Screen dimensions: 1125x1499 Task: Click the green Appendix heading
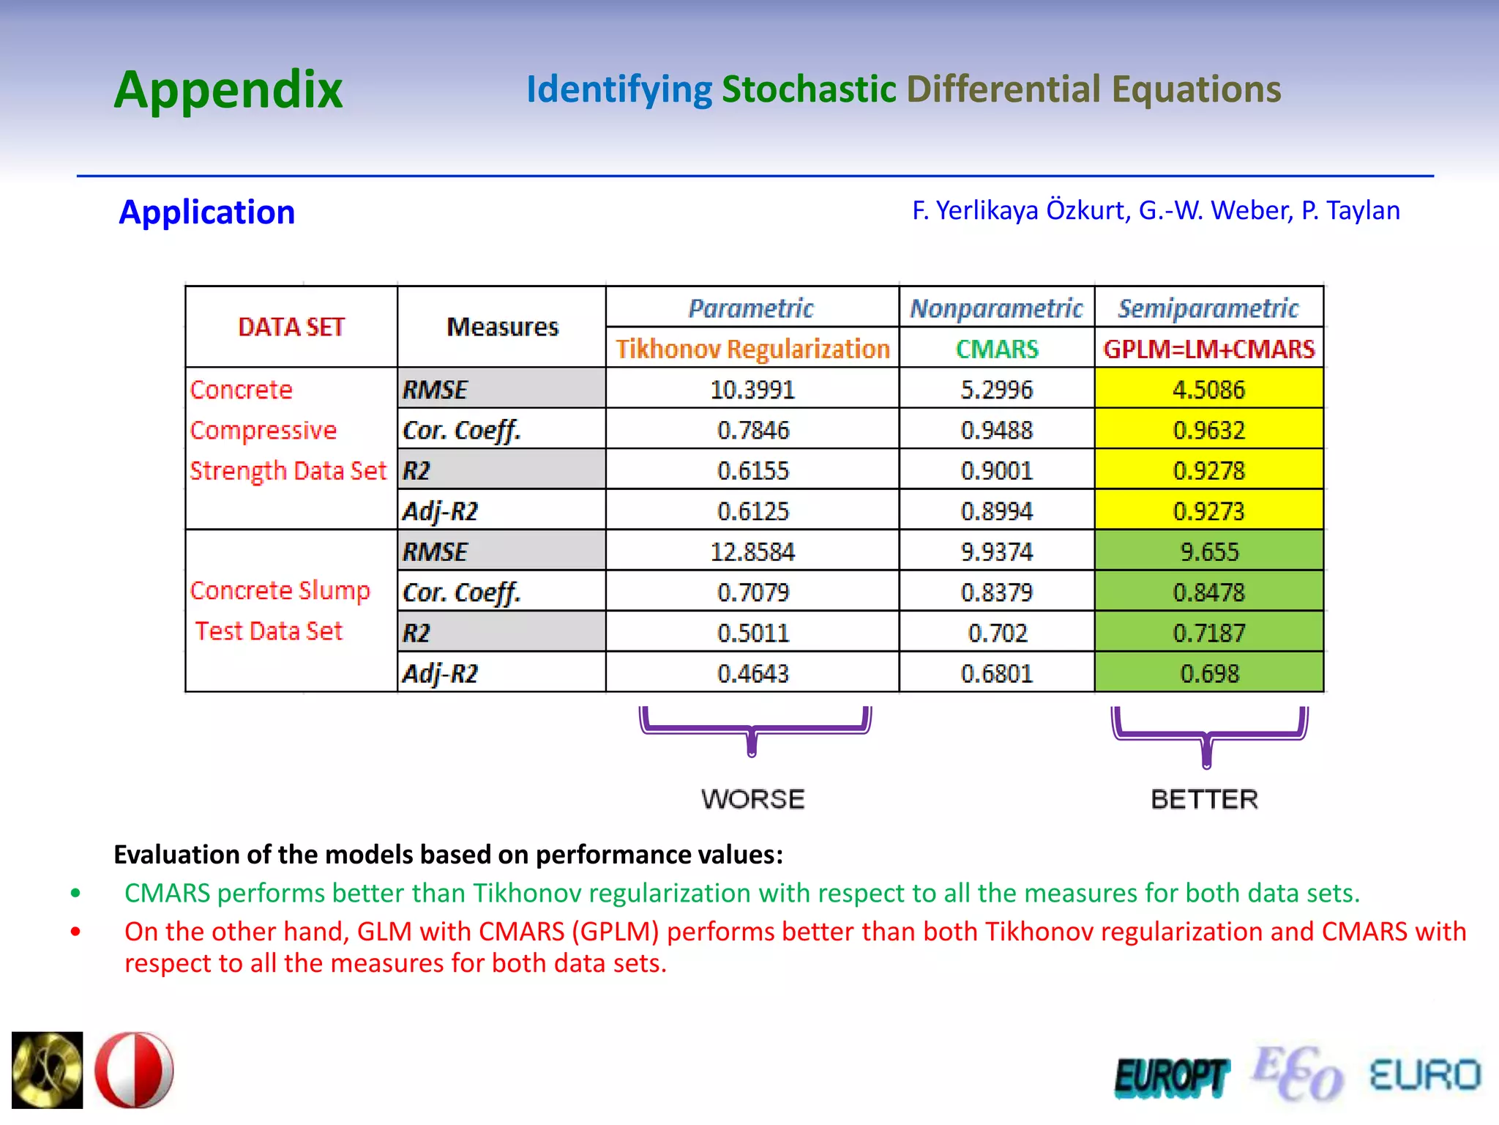point(228,90)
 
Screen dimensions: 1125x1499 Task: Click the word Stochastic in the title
point(808,89)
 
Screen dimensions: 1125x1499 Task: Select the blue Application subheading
point(206,212)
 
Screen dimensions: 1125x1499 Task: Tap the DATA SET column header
point(291,327)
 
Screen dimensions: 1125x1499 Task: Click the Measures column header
point(502,327)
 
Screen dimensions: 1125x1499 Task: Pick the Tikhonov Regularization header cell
point(752,349)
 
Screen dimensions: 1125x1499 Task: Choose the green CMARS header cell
point(997,349)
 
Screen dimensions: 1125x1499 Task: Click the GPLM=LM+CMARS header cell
point(1209,349)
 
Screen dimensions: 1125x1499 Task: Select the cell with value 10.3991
point(752,389)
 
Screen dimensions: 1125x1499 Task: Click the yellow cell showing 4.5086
point(1209,389)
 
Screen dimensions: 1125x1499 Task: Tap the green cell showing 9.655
point(1209,552)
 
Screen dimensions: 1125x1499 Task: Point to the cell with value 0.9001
point(997,470)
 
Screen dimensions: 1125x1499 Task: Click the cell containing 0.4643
point(752,673)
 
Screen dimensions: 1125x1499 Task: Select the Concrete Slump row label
point(280,590)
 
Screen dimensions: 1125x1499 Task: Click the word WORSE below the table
point(752,798)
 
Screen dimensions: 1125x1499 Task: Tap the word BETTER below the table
point(1205,798)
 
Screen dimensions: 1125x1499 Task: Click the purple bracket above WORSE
point(754,729)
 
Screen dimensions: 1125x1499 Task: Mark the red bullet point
point(75,932)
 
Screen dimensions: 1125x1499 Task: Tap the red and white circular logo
point(134,1070)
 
